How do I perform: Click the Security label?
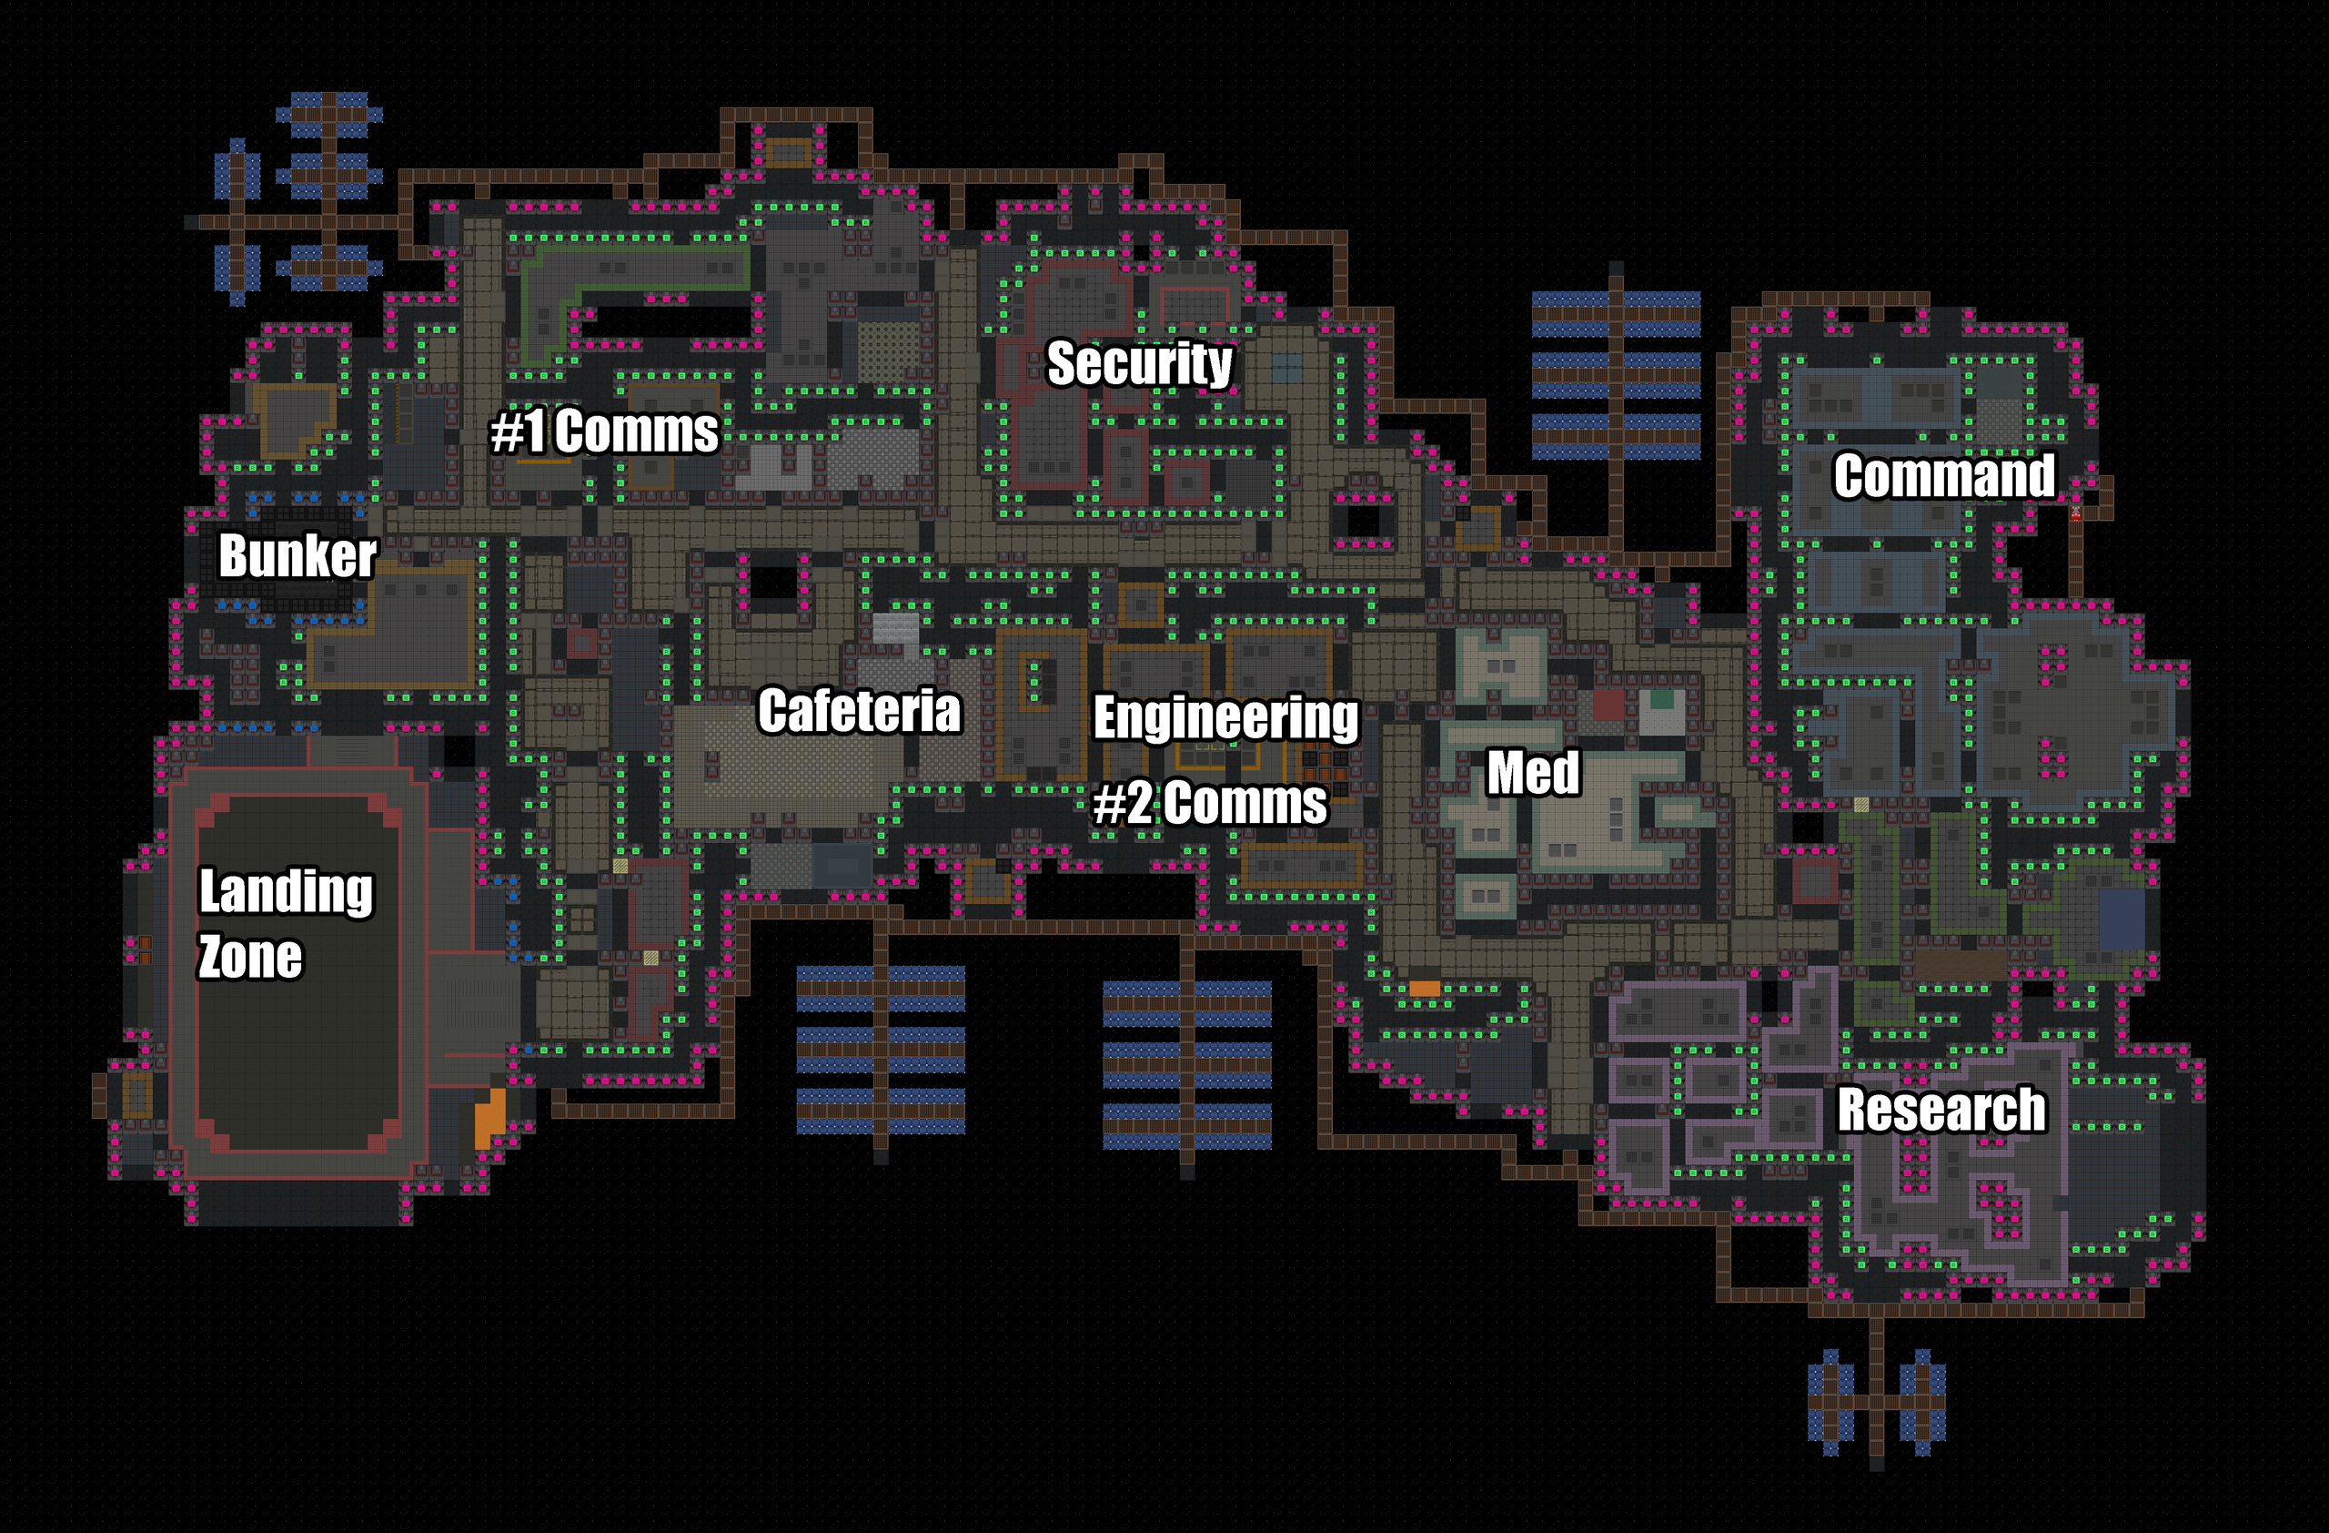pos(1139,363)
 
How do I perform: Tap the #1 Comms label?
pos(604,431)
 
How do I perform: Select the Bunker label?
pos(297,555)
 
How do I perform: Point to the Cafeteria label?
pos(859,710)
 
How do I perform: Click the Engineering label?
pos(1225,716)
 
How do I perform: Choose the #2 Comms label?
pos(1209,803)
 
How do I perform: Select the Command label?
pos(1943,476)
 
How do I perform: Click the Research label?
pos(1941,1109)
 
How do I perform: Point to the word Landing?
pos(286,891)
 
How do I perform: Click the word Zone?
pos(250,957)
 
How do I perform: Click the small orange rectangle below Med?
pos(1424,989)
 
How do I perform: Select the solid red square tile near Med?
pos(1608,705)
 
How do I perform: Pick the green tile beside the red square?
pos(1661,700)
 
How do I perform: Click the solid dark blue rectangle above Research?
pos(2122,919)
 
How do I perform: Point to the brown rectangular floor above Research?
pos(1959,964)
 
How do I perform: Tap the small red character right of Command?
pos(2075,513)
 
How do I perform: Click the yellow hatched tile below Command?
pos(1861,805)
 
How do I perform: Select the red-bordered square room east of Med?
pos(1814,880)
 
